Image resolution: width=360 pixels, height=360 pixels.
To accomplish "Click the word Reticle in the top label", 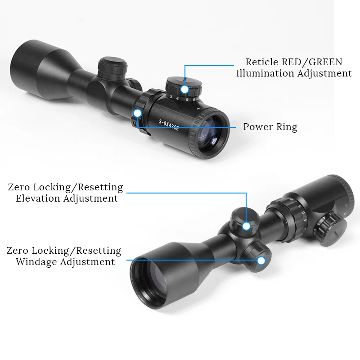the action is pyautogui.click(x=262, y=62).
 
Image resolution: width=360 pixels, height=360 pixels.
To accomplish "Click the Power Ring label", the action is pyautogui.click(x=270, y=127).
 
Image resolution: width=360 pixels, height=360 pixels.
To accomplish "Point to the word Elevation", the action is pyautogui.click(x=38, y=198).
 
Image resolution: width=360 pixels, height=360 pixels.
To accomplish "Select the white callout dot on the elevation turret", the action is pyautogui.click(x=246, y=226).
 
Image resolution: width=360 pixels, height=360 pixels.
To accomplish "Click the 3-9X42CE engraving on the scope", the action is pyautogui.click(x=169, y=123).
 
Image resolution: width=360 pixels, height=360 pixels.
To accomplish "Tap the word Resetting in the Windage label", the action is pyautogui.click(x=99, y=251).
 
